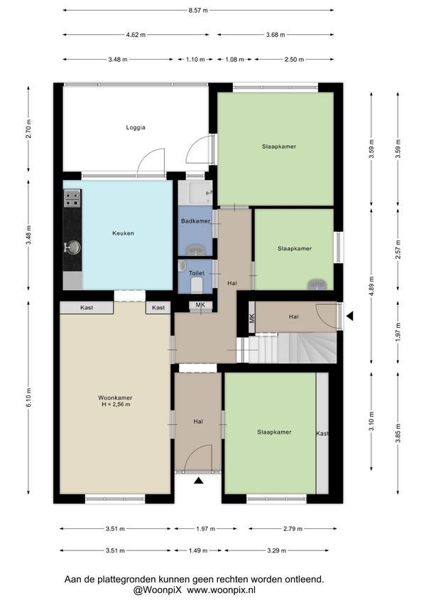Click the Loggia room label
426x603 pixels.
pyautogui.click(x=136, y=127)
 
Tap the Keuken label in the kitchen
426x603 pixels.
pyautogui.click(x=123, y=233)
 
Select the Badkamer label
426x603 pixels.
pyautogui.click(x=195, y=221)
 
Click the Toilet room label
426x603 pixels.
pyautogui.click(x=196, y=273)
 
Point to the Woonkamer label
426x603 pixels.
pyautogui.click(x=115, y=398)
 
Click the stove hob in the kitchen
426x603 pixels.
pyautogui.click(x=72, y=198)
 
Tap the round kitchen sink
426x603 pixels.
pyautogui.click(x=72, y=247)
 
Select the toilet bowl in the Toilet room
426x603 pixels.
pyautogui.click(x=197, y=285)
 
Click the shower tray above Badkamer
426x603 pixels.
pyautogui.click(x=195, y=193)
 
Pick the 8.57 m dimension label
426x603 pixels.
pyautogui.click(x=198, y=11)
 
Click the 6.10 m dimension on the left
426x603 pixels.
pyautogui.click(x=29, y=397)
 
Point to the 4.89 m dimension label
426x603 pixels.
pyautogui.click(x=371, y=285)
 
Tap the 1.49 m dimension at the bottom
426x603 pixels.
pyautogui.click(x=198, y=550)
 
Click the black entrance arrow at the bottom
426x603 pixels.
pyautogui.click(x=198, y=480)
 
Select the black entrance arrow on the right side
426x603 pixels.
pyautogui.click(x=349, y=316)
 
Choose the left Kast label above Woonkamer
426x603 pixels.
pyautogui.click(x=87, y=308)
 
